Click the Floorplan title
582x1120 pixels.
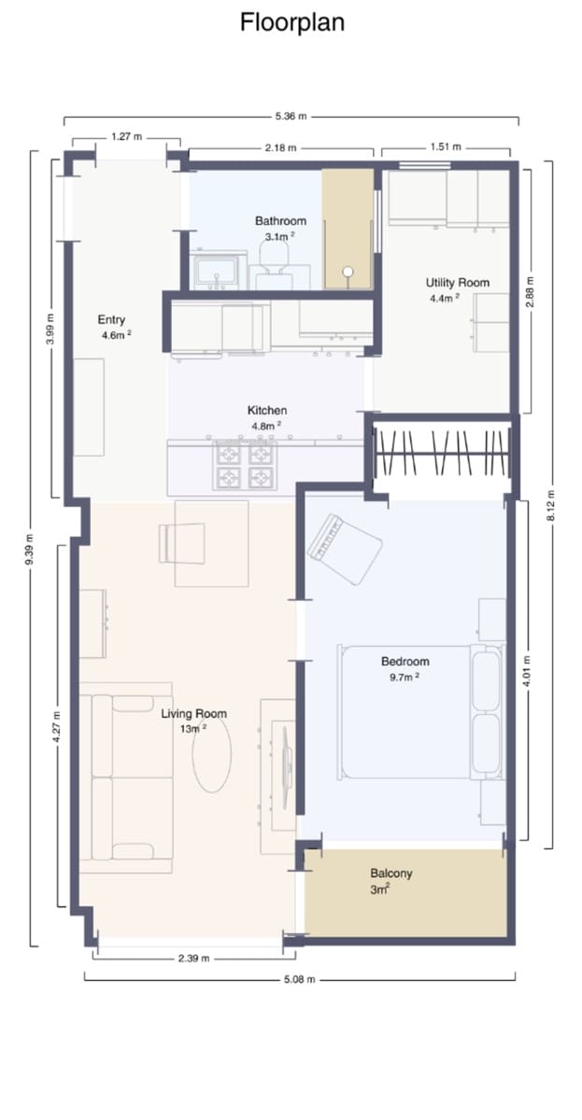pyautogui.click(x=291, y=22)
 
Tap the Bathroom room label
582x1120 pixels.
pyautogui.click(x=280, y=221)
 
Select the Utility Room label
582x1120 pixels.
pyautogui.click(x=457, y=283)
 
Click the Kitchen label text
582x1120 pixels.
pyautogui.click(x=267, y=411)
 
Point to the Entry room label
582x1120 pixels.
pyautogui.click(x=111, y=320)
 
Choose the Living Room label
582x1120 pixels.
pyautogui.click(x=193, y=714)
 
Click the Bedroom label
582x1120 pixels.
pyautogui.click(x=405, y=662)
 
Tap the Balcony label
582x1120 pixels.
pyautogui.click(x=390, y=874)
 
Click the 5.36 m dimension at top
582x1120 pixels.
pyautogui.click(x=291, y=118)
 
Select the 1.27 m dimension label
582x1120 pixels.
pyautogui.click(x=126, y=136)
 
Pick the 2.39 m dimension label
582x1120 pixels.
pyautogui.click(x=193, y=959)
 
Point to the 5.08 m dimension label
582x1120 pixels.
pyautogui.click(x=301, y=979)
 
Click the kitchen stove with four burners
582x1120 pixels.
pyautogui.click(x=247, y=466)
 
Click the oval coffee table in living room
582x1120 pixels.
pyautogui.click(x=212, y=755)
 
